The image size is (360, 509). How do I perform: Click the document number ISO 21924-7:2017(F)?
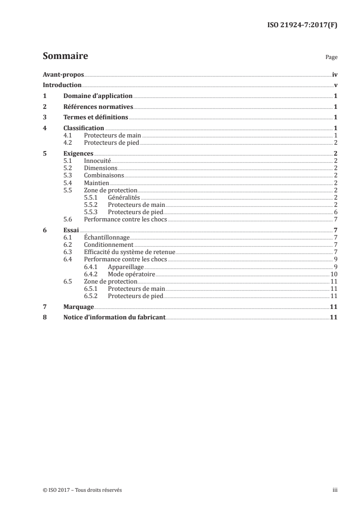[x=301, y=25]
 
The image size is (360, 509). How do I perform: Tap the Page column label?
[x=331, y=58]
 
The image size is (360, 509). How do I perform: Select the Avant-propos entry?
[x=63, y=74]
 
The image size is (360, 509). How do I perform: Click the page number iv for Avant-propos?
[x=335, y=74]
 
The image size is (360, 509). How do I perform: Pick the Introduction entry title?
[x=62, y=85]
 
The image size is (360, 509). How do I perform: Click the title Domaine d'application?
[x=98, y=96]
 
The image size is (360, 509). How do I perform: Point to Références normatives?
[x=98, y=107]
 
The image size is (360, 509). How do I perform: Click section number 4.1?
[x=68, y=136]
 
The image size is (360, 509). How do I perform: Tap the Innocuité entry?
[x=98, y=161]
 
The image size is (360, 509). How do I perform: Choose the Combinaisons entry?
[x=104, y=175]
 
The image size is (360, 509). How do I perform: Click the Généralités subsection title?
[x=124, y=197]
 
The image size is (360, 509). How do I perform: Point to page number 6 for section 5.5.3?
[x=335, y=212]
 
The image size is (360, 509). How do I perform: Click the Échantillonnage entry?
[x=107, y=237]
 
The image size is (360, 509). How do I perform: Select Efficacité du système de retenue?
[x=129, y=252]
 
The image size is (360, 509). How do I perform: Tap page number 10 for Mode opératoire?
[x=333, y=274]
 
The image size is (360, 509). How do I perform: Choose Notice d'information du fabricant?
[x=115, y=318]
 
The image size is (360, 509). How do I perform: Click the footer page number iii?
[x=335, y=490]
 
